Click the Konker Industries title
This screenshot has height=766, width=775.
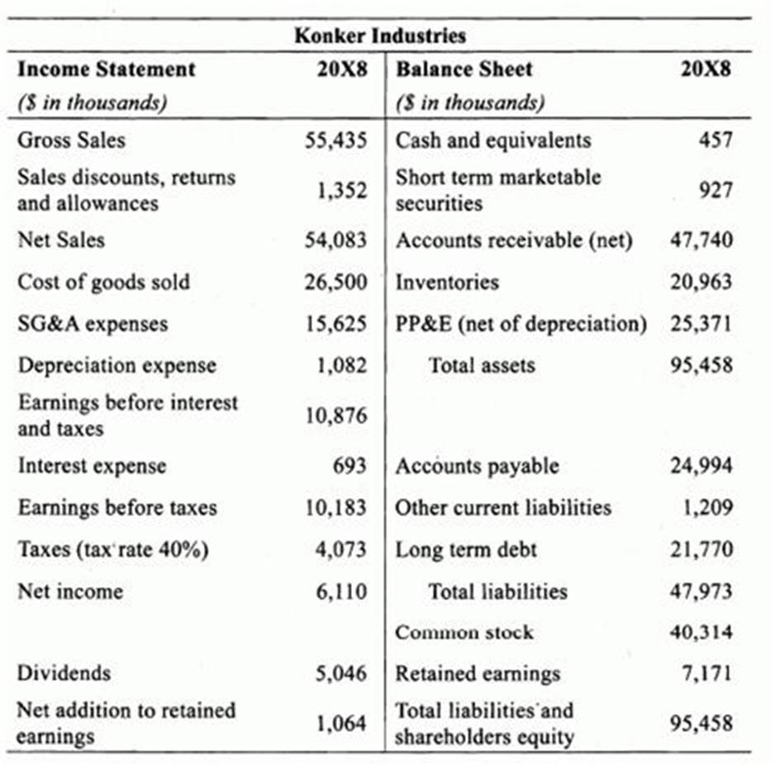(380, 36)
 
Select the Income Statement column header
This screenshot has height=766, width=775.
(107, 69)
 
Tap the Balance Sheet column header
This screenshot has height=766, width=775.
(464, 69)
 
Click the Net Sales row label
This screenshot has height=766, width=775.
(61, 240)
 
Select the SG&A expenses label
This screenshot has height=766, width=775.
(93, 323)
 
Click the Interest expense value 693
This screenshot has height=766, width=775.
(349, 466)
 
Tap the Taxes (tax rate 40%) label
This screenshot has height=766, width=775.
(113, 550)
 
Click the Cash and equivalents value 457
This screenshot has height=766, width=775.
(716, 140)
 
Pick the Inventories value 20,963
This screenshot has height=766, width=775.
(701, 282)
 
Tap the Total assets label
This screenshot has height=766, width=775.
(482, 365)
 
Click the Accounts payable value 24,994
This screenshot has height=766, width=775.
(701, 466)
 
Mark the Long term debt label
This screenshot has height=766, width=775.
(467, 550)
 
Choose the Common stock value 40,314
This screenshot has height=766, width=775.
(701, 633)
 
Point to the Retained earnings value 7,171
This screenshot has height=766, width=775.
(707, 673)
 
